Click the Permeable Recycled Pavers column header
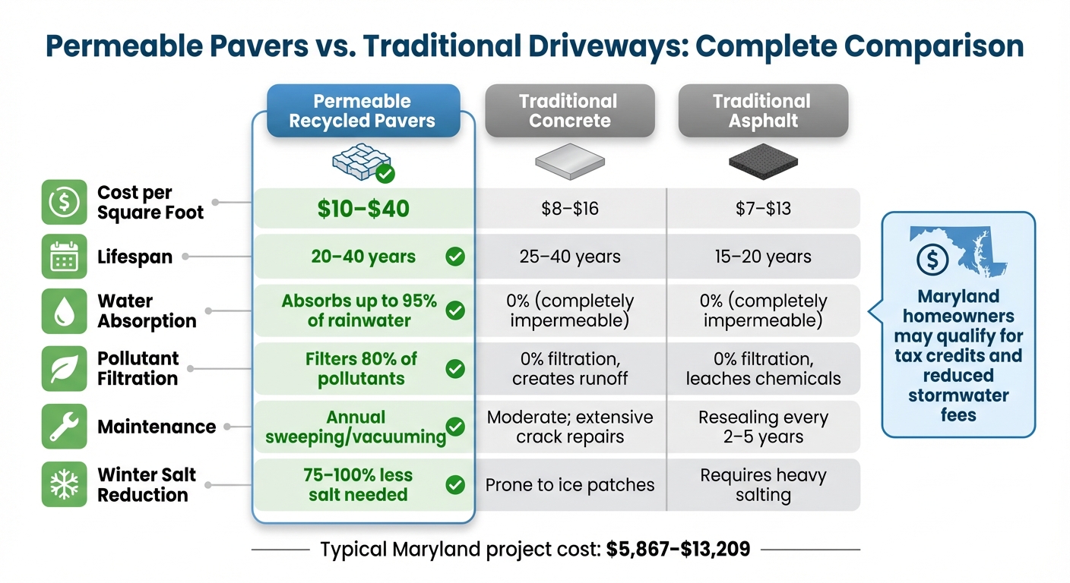[363, 111]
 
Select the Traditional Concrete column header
[569, 111]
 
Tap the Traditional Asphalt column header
[762, 111]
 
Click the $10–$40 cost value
[363, 209]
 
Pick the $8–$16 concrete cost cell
[569, 209]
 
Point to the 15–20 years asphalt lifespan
[762, 257]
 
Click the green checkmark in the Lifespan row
[455, 257]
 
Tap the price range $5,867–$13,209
[678, 550]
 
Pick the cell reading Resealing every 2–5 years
[762, 427]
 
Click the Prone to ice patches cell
[569, 485]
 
